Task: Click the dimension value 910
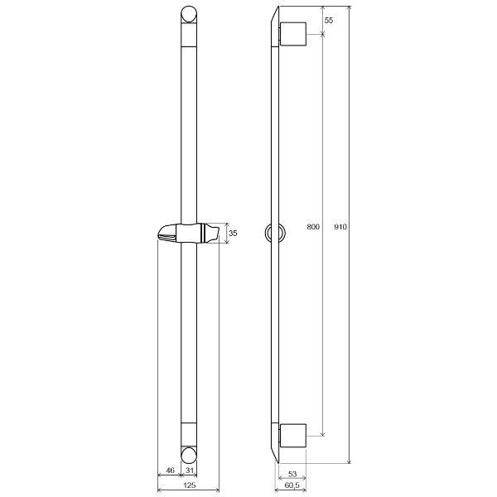340,227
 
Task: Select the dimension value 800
313,227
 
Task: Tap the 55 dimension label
329,20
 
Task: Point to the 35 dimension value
233,234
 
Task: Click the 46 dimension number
170,470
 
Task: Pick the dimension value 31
190,470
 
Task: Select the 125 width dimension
189,485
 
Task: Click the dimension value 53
292,474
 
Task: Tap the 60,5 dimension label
292,485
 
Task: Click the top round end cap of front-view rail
189,15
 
